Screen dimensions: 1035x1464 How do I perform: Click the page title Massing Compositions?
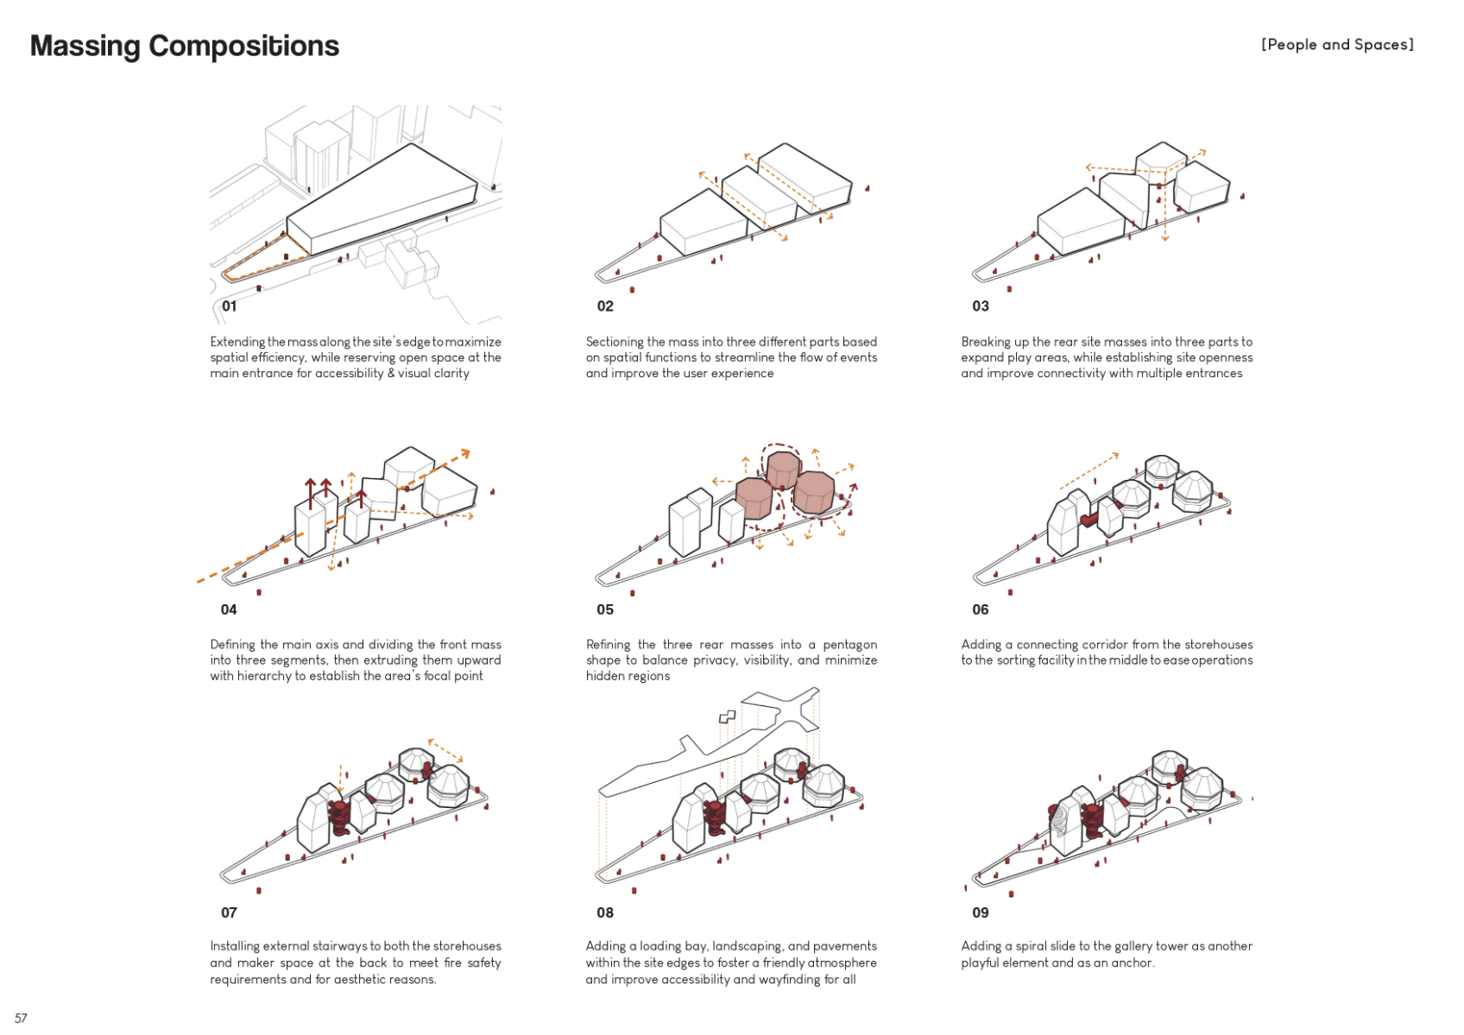coord(184,46)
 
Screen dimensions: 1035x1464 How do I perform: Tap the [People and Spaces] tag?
coord(1336,45)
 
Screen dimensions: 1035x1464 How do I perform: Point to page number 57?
coord(21,1018)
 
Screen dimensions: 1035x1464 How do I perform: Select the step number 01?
coord(229,306)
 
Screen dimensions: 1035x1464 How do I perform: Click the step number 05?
coord(604,609)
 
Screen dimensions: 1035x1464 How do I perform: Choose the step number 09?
coord(980,912)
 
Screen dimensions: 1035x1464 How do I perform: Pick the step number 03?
coord(980,306)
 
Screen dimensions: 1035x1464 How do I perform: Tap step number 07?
coord(229,912)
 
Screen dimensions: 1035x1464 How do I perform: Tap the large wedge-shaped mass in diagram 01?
coord(380,199)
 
